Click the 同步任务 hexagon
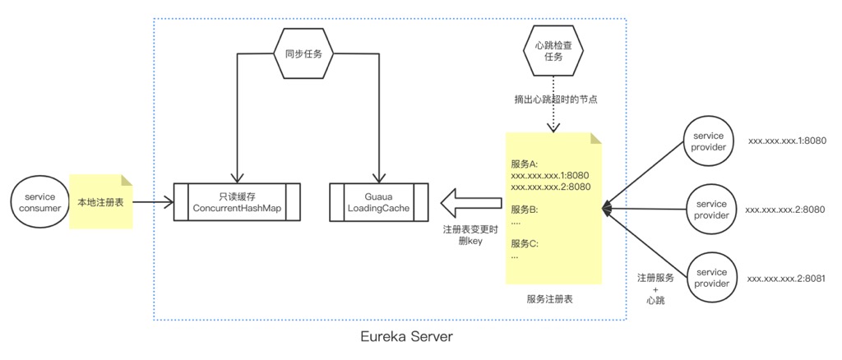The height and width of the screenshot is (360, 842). [303, 53]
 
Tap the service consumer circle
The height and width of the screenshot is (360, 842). [39, 202]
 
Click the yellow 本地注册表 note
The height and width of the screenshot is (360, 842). [100, 201]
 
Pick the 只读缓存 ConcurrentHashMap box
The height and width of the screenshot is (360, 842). [237, 201]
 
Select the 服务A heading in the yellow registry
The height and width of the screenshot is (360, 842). [525, 163]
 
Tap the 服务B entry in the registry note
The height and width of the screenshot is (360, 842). [524, 209]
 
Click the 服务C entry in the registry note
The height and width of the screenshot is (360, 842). [524, 243]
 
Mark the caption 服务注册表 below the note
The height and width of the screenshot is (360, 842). [550, 299]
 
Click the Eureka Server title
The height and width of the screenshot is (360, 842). [406, 337]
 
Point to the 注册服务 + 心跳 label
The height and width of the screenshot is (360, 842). [655, 288]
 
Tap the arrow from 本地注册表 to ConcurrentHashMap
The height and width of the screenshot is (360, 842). [152, 201]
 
